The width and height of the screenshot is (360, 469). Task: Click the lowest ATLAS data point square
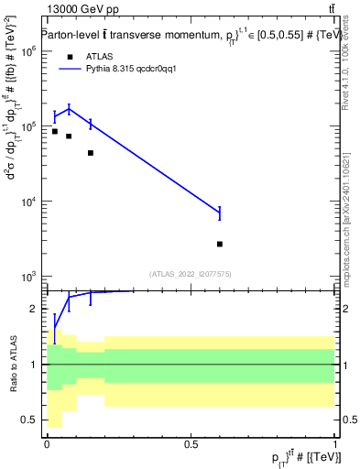(220, 244)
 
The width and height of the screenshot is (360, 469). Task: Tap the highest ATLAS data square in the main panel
(55, 131)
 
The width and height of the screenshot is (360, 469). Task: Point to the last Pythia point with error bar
(220, 213)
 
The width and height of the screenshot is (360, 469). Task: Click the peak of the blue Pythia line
(70, 109)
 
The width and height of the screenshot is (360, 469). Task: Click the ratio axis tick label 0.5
(30, 420)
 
